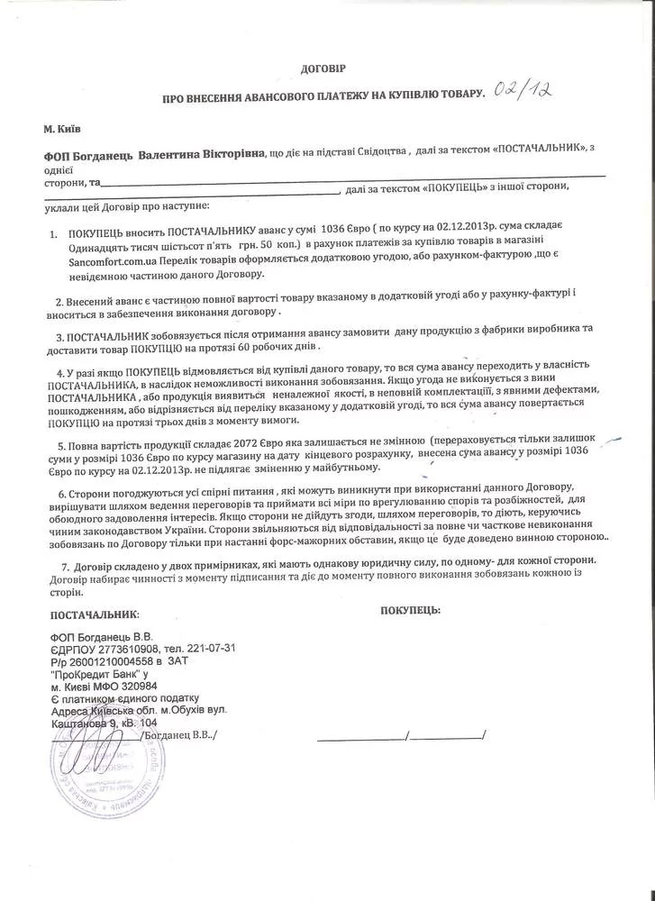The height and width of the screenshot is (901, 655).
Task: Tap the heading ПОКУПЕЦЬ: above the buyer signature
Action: tap(410, 610)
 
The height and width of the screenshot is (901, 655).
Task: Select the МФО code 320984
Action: tap(145, 686)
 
